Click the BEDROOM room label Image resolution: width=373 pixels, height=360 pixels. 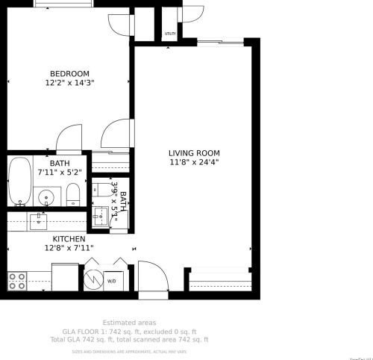click(69, 73)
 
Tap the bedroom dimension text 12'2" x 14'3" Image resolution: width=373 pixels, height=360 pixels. click(69, 83)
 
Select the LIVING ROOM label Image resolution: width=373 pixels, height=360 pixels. click(194, 152)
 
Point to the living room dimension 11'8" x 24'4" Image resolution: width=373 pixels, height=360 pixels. click(194, 162)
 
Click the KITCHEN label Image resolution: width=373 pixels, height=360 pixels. click(69, 239)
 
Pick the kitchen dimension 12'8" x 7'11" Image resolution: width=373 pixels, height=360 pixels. click(69, 248)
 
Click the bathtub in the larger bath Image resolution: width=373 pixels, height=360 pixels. click(19, 181)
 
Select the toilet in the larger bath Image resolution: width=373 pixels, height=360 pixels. click(73, 196)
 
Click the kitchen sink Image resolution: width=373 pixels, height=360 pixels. click(37, 220)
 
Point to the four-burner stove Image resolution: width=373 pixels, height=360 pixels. click(17, 281)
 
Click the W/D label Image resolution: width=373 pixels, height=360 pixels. click(111, 282)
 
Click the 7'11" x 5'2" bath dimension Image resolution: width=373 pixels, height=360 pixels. click(60, 173)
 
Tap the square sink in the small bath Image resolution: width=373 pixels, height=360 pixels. click(101, 217)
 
